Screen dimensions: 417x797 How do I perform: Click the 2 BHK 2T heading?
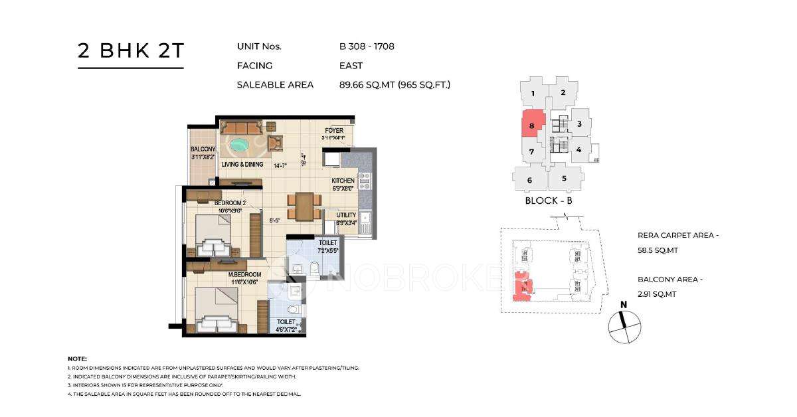click(x=130, y=50)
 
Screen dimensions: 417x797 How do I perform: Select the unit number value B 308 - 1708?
click(x=367, y=46)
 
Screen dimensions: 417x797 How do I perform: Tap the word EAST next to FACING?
click(x=351, y=66)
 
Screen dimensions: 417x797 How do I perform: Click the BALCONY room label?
click(x=202, y=149)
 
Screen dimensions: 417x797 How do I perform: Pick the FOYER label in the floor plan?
click(x=334, y=131)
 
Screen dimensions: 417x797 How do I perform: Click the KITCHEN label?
click(x=343, y=181)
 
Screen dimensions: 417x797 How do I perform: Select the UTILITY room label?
click(x=347, y=215)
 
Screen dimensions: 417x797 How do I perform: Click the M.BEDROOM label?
click(x=244, y=274)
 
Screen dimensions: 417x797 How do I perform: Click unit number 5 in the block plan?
click(x=564, y=178)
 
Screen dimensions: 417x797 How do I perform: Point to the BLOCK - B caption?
click(x=548, y=201)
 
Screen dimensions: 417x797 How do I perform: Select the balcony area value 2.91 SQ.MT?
click(x=657, y=294)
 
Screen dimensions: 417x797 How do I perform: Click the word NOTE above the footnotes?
click(x=78, y=359)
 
